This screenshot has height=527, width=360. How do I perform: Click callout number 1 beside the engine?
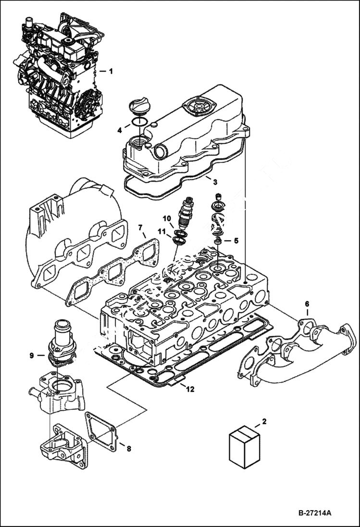pos(111,72)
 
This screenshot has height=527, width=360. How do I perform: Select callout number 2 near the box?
pos(263,422)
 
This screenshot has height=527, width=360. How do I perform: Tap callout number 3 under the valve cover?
pos(215,182)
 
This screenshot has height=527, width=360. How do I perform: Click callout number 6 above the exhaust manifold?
pos(307,304)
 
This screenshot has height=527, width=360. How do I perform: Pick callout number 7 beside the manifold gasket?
pos(140,227)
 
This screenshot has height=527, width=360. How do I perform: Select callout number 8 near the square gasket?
pos(129,449)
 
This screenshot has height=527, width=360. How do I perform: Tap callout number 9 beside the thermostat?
pos(31,355)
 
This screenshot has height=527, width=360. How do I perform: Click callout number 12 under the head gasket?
pos(190,389)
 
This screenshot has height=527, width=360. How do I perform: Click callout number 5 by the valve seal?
pos(236,240)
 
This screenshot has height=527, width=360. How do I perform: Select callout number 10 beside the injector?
pos(166,219)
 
